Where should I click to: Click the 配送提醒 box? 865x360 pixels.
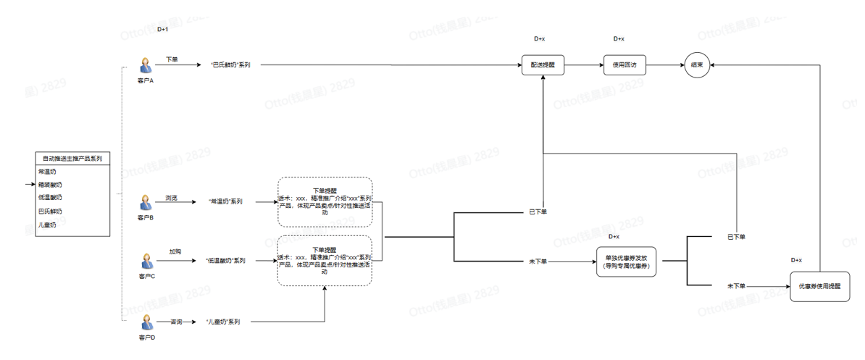[543, 64]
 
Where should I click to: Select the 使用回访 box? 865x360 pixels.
[624, 64]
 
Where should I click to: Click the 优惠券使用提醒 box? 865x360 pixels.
[819, 286]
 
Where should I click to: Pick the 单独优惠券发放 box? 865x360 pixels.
[627, 261]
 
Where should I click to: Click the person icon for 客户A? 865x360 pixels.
[146, 66]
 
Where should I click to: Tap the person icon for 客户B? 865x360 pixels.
[146, 201]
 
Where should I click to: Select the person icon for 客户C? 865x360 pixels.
[146, 261]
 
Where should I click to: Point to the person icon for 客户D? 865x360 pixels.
[146, 322]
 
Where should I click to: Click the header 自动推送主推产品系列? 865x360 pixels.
[72, 158]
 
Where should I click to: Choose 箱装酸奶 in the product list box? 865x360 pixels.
[50, 185]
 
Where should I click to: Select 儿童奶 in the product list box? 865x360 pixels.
[47, 225]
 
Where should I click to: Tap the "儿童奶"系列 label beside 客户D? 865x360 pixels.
[222, 321]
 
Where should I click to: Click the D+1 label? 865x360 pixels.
[162, 30]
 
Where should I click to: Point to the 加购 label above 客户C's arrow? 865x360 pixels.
[175, 251]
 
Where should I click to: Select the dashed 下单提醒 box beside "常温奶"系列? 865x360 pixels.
[325, 201]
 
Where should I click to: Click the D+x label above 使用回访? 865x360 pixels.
[619, 38]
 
